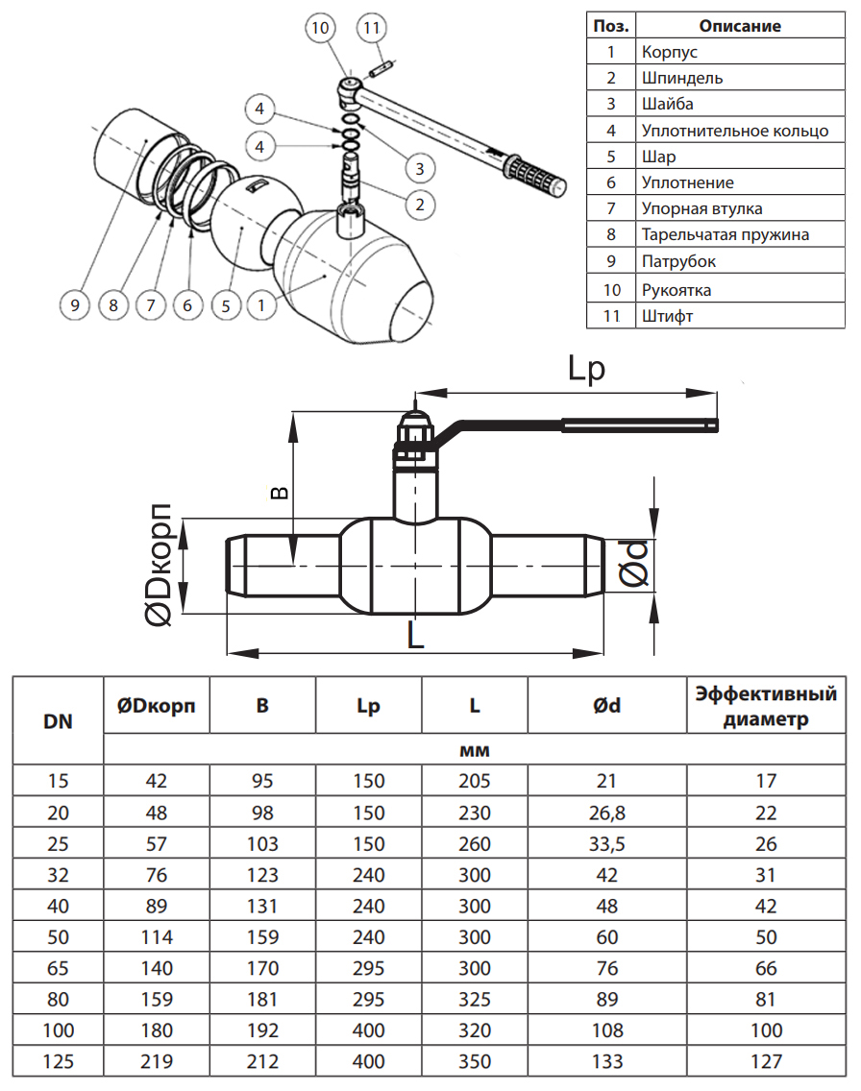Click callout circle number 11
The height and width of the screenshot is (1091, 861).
[x=373, y=28]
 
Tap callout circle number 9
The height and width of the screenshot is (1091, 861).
[x=75, y=305]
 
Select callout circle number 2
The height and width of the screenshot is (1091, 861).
[x=420, y=203]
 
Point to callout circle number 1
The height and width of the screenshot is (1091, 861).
[x=259, y=305]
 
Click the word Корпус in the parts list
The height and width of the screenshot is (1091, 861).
[x=670, y=52]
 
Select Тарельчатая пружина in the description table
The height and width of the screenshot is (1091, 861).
[x=726, y=234]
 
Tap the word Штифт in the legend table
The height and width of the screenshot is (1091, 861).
[x=666, y=315]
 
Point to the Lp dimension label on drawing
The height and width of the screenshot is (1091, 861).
[x=585, y=371]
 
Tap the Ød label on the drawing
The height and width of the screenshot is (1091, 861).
[x=635, y=563]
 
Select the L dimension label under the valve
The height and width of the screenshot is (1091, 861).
[x=415, y=635]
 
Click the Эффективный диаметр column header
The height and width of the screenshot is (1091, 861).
[x=766, y=706]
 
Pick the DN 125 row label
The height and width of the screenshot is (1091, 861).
[x=59, y=1061]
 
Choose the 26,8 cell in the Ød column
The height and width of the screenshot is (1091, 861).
[x=606, y=813]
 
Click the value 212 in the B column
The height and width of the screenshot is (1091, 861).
[x=262, y=1061]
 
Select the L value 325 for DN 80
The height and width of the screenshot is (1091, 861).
[x=475, y=1000]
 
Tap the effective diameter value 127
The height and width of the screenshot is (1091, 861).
[x=766, y=1061]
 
